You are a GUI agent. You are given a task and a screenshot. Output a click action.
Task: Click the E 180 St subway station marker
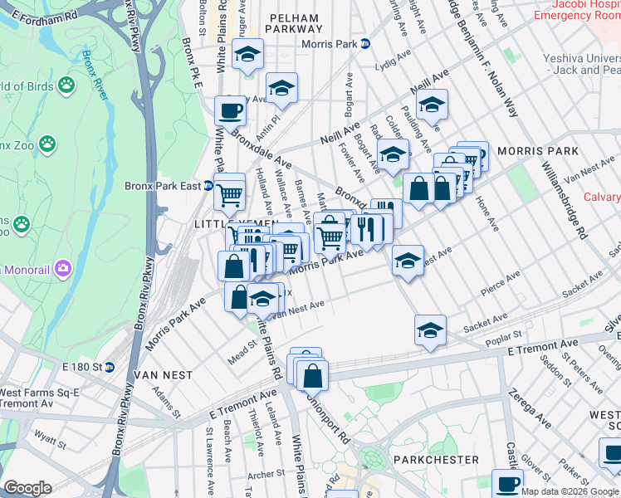click(109, 367)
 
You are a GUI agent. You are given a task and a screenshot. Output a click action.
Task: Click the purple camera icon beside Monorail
click(61, 268)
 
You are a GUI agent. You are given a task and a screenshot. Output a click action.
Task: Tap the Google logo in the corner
click(27, 488)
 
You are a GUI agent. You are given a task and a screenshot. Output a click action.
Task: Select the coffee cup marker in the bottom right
click(507, 484)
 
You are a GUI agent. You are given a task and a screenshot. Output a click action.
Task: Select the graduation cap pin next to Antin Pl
click(281, 88)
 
